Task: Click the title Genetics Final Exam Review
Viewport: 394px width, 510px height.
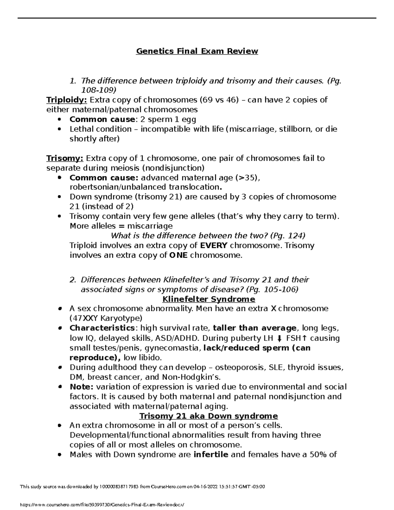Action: tap(197, 51)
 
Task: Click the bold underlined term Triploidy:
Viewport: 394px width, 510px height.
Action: tap(67, 100)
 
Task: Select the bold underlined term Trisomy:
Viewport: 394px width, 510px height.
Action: tap(65, 158)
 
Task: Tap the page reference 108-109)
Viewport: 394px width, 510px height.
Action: tap(98, 90)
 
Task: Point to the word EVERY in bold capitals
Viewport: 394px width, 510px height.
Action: tap(213, 246)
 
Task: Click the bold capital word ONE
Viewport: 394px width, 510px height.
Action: tap(178, 255)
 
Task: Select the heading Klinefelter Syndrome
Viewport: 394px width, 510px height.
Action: tap(209, 299)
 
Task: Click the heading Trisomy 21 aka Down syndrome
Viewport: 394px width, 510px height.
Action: tap(208, 416)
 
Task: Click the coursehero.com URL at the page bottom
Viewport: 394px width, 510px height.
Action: tap(105, 504)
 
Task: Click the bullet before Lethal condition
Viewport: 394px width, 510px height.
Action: tap(59, 129)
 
